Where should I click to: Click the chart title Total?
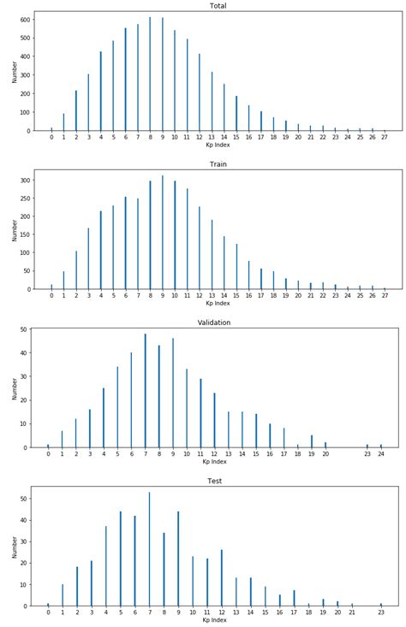218,5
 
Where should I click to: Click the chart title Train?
218,164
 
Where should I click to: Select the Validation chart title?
214,322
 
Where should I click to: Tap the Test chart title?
214,481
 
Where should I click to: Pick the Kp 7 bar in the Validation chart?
145,390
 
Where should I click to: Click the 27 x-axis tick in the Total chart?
385,136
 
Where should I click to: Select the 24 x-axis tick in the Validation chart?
381,453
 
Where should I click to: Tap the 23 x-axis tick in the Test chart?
381,612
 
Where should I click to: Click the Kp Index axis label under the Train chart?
218,303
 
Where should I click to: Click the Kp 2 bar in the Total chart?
75,111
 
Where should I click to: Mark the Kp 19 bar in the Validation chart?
312,441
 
